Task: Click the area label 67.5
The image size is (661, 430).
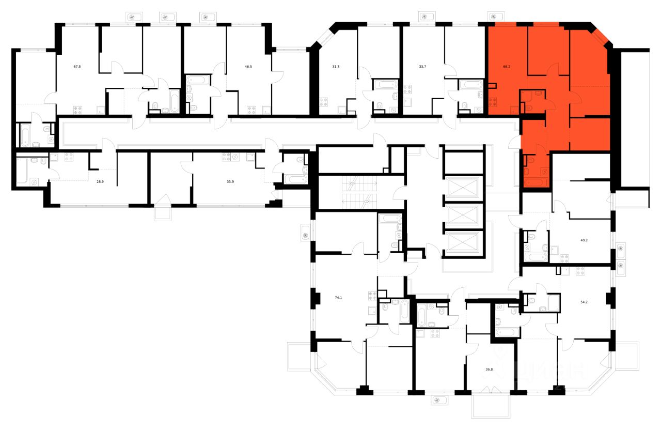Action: pyautogui.click(x=77, y=66)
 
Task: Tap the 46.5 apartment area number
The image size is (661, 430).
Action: pyautogui.click(x=251, y=66)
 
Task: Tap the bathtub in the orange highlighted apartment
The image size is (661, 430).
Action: pyautogui.click(x=534, y=182)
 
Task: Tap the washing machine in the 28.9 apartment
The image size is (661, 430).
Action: pyautogui.click(x=34, y=181)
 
